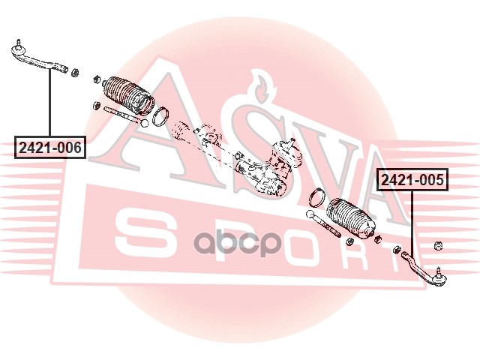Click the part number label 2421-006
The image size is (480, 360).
(49, 148)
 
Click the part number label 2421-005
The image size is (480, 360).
(412, 180)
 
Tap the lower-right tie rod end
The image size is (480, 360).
(424, 268)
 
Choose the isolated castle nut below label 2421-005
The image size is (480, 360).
(439, 244)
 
